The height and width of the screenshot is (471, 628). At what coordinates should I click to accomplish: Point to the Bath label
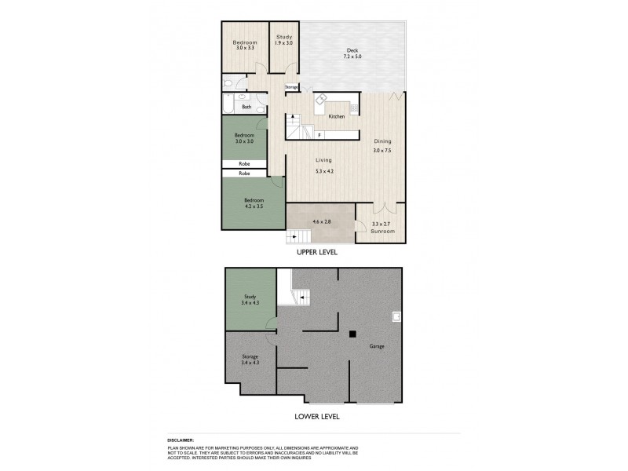pyautogui.click(x=246, y=107)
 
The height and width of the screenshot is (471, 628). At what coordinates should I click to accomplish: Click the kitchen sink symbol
pyautogui.click(x=321, y=101)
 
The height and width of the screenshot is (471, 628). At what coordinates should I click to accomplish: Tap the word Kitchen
pyautogui.click(x=337, y=116)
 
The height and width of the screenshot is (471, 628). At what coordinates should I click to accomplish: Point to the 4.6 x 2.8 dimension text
pyautogui.click(x=322, y=222)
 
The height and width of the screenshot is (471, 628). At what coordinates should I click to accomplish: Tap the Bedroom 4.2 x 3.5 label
pyautogui.click(x=254, y=203)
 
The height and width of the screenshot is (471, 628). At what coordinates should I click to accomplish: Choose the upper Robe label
pyautogui.click(x=244, y=164)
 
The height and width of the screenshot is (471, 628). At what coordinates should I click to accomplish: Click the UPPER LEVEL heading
pyautogui.click(x=316, y=253)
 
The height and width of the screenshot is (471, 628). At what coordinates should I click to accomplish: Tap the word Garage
pyautogui.click(x=378, y=345)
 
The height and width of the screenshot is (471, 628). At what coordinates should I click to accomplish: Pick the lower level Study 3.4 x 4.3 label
pyautogui.click(x=250, y=299)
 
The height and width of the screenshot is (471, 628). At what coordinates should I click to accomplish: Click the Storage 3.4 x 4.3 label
pyautogui.click(x=250, y=359)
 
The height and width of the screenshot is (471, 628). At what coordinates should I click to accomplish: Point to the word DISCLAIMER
pyautogui.click(x=181, y=440)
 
